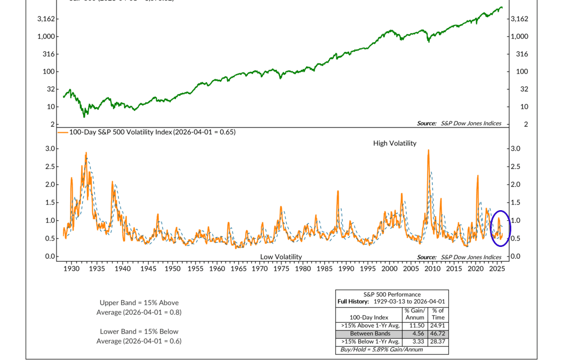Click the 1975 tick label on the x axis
(x=281, y=269)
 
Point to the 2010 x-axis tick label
(x=432, y=269)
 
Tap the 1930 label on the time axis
(x=71, y=269)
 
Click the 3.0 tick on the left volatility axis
(x=51, y=148)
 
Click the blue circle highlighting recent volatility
(x=500, y=228)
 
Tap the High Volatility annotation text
(x=395, y=143)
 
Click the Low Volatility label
(x=281, y=257)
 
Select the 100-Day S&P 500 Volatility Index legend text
(x=152, y=132)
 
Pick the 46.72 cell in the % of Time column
(x=438, y=333)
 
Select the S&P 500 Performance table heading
(x=392, y=294)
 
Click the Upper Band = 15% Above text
(x=139, y=303)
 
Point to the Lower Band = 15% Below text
(x=139, y=331)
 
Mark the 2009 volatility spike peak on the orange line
(x=429, y=150)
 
